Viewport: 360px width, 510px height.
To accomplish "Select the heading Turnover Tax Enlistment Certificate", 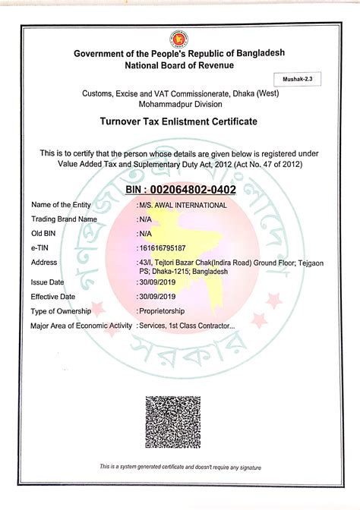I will click(x=179, y=121).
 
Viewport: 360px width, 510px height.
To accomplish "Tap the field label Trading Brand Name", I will click(x=65, y=219).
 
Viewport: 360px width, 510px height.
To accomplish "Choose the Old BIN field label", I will click(x=43, y=233).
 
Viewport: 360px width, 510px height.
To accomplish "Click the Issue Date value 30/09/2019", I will click(x=157, y=282).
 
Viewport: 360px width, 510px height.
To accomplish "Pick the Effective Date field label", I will click(x=53, y=296).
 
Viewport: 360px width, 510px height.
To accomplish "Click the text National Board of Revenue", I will click(x=179, y=66).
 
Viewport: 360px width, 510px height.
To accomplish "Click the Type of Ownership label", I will click(x=61, y=311).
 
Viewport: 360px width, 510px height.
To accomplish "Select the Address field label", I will click(x=44, y=262).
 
